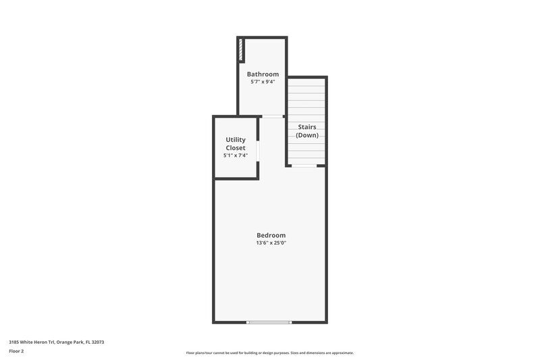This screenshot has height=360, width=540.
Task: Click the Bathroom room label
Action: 263,74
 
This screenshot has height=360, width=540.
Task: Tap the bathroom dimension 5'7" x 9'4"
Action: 263,82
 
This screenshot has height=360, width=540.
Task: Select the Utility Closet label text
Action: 236,143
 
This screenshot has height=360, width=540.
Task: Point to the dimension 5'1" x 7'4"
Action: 236,155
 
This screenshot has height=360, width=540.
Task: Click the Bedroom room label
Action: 271,235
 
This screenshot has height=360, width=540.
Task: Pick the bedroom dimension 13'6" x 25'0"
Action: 271,243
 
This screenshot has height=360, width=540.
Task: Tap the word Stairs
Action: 307,126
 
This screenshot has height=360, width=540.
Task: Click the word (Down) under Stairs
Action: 307,135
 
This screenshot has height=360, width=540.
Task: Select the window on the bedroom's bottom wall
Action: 269,322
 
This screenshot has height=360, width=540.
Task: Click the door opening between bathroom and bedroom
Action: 273,116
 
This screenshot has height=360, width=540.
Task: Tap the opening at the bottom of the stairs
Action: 304,165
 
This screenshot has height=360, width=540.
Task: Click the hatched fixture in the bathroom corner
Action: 241,50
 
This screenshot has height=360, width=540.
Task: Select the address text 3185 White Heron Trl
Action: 32,342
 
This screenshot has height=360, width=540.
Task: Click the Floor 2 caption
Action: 16,351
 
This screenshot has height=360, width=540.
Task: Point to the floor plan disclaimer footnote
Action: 269,353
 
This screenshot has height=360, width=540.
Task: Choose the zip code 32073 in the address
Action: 97,342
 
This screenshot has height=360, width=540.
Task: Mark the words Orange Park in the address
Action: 70,342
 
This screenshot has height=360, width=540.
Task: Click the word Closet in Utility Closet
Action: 236,147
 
